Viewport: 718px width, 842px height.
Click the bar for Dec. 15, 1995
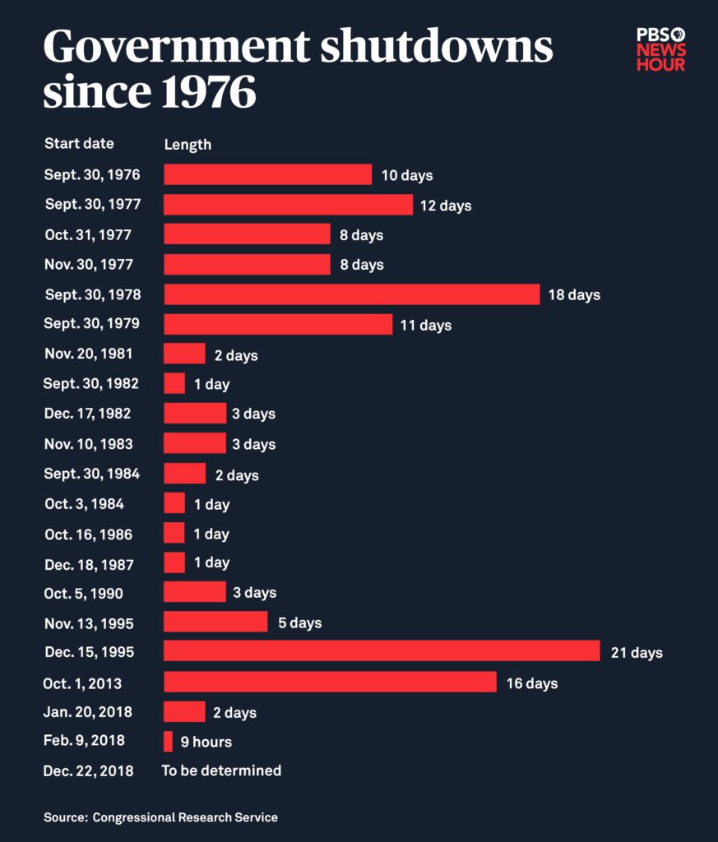tap(382, 651)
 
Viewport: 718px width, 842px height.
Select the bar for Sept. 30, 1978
tap(352, 294)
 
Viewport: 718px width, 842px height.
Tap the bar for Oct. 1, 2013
tap(330, 682)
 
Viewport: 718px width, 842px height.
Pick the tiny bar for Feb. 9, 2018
tap(169, 742)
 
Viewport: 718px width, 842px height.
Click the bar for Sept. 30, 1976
tap(268, 174)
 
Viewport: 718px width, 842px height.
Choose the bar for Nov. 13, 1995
tap(215, 622)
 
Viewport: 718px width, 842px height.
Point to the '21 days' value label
tap(636, 653)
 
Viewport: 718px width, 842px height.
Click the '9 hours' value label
tap(206, 743)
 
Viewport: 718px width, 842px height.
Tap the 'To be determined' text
tap(221, 770)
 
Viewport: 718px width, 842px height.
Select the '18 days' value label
tap(574, 294)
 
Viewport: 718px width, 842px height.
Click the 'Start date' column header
tap(79, 144)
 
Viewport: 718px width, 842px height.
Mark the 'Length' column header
tap(188, 145)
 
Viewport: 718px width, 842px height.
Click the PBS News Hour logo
tap(661, 49)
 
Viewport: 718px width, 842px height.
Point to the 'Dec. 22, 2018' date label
tap(88, 771)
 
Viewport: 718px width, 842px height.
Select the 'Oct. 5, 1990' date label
tap(84, 593)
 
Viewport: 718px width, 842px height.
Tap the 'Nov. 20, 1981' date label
tap(89, 354)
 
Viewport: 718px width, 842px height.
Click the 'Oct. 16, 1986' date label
tap(89, 534)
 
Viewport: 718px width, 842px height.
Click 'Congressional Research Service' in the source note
tap(185, 817)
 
